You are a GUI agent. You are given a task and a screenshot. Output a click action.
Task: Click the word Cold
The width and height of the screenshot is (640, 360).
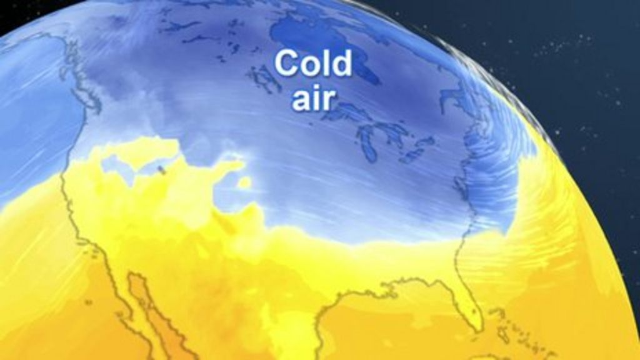(x=313, y=64)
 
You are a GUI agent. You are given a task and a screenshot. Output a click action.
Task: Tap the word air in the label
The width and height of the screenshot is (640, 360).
(x=314, y=99)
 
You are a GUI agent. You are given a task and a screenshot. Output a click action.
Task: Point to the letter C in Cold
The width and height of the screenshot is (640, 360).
(x=287, y=64)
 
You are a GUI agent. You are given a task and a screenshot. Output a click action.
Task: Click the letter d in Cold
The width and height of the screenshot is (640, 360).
(x=341, y=64)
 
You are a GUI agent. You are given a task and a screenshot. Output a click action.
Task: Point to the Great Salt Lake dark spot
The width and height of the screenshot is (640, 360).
(x=162, y=169)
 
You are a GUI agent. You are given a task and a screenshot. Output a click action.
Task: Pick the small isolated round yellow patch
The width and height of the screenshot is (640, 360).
(x=246, y=182)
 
